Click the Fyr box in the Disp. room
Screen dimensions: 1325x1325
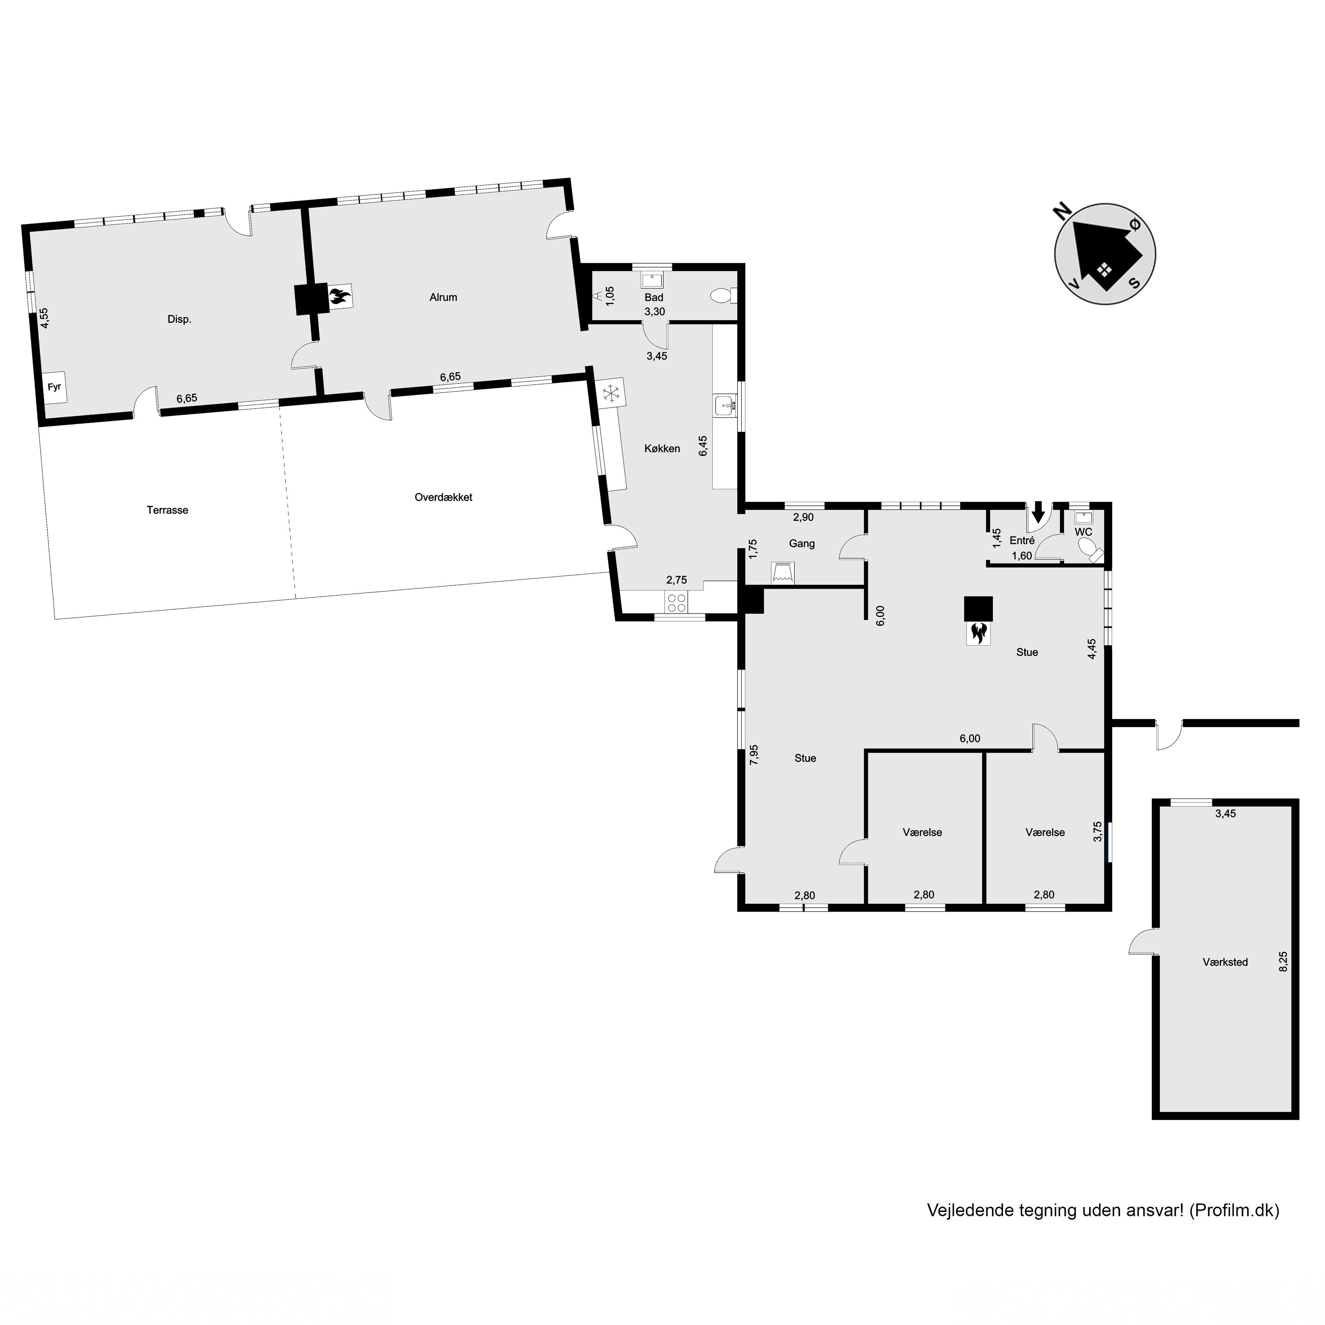[x=55, y=387]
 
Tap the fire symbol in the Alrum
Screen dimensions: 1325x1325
[x=339, y=297]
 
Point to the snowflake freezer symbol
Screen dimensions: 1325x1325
[x=611, y=393]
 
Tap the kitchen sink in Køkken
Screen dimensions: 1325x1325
[x=725, y=406]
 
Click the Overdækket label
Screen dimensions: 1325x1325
[x=443, y=497]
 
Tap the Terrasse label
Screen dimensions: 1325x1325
[x=167, y=510]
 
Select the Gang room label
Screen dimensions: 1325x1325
[x=802, y=544]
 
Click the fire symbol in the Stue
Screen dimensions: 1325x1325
[x=978, y=632]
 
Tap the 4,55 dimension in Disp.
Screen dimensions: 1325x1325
[x=44, y=318]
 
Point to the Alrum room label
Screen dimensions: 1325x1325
[x=443, y=297]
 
